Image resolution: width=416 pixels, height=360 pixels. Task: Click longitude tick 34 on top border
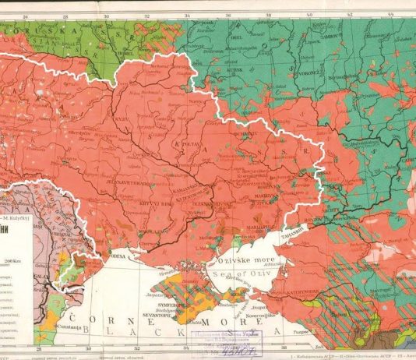[186, 13]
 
